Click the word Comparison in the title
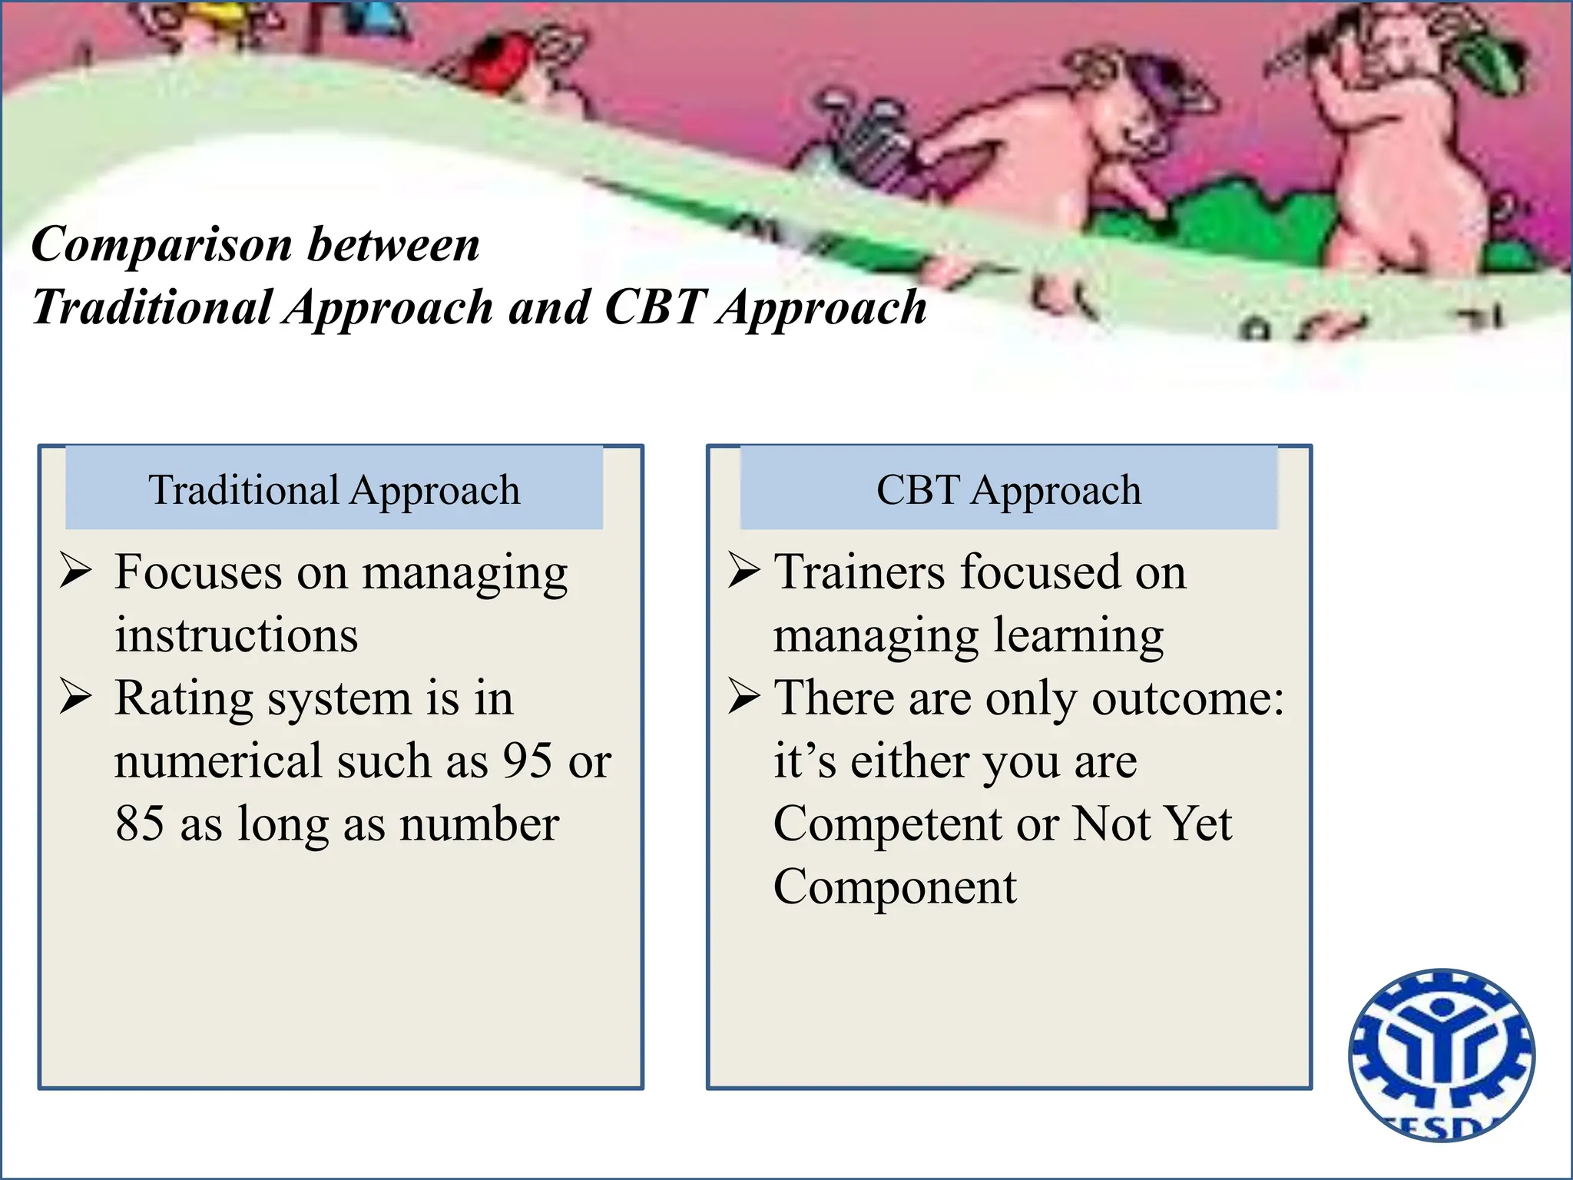click(x=161, y=246)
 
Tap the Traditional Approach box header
click(x=334, y=489)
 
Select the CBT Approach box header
click(x=1008, y=489)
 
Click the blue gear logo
click(x=1442, y=1054)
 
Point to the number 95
click(x=528, y=761)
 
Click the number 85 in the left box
click(x=140, y=824)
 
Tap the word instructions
click(x=237, y=636)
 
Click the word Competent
click(x=887, y=824)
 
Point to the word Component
click(x=895, y=887)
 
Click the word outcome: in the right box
click(x=1187, y=699)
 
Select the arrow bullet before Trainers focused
click(x=743, y=571)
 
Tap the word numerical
click(x=218, y=761)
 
